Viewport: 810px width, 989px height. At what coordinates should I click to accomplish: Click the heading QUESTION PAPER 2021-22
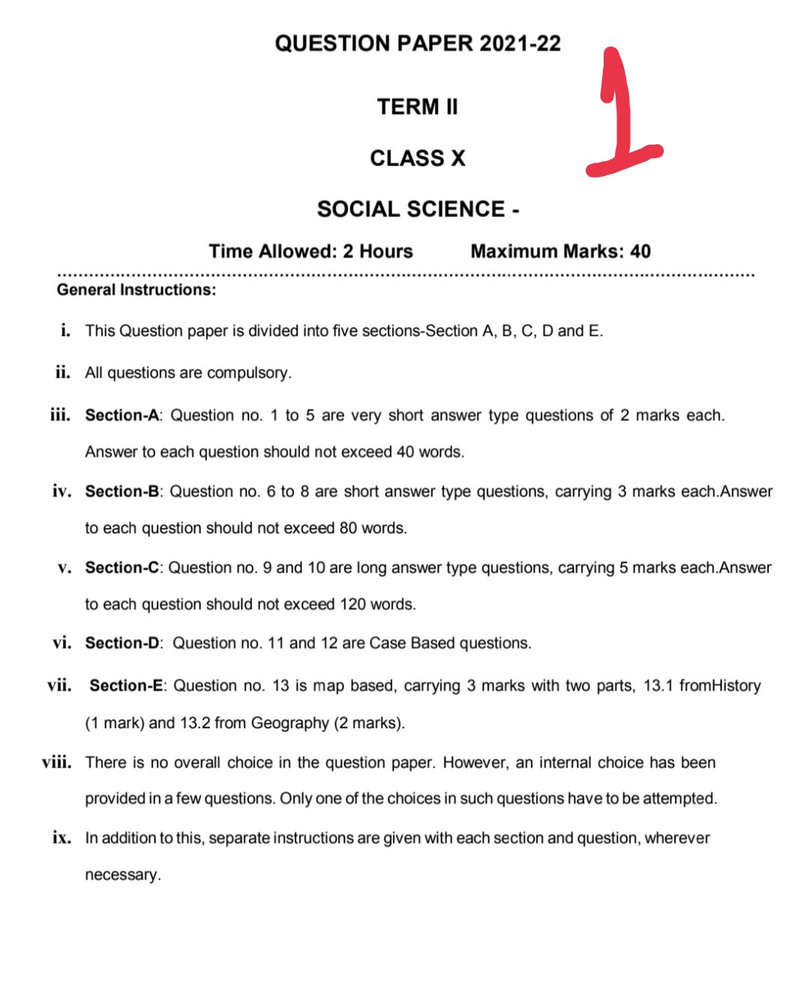(418, 43)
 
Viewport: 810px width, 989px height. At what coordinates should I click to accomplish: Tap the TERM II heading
(417, 107)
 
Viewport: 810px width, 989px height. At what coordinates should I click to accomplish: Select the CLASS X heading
(418, 158)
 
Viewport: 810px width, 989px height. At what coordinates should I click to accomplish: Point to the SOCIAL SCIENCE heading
(411, 209)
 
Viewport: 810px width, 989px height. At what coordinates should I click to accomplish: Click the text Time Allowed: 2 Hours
(310, 251)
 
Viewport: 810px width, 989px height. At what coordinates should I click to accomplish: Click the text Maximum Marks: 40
(560, 251)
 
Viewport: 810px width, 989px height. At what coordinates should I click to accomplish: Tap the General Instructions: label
(136, 290)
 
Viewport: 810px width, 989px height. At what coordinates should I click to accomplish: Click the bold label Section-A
(122, 415)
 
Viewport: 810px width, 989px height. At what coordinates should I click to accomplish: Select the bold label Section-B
(122, 492)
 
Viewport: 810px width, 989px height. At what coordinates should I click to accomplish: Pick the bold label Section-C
(122, 568)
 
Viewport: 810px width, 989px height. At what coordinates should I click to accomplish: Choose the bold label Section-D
(122, 643)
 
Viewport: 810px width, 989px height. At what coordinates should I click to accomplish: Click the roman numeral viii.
(57, 763)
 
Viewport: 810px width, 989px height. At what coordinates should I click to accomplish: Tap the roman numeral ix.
(61, 838)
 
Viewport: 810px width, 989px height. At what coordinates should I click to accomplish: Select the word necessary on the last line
(122, 875)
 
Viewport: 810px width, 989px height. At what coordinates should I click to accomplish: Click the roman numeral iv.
(61, 492)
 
